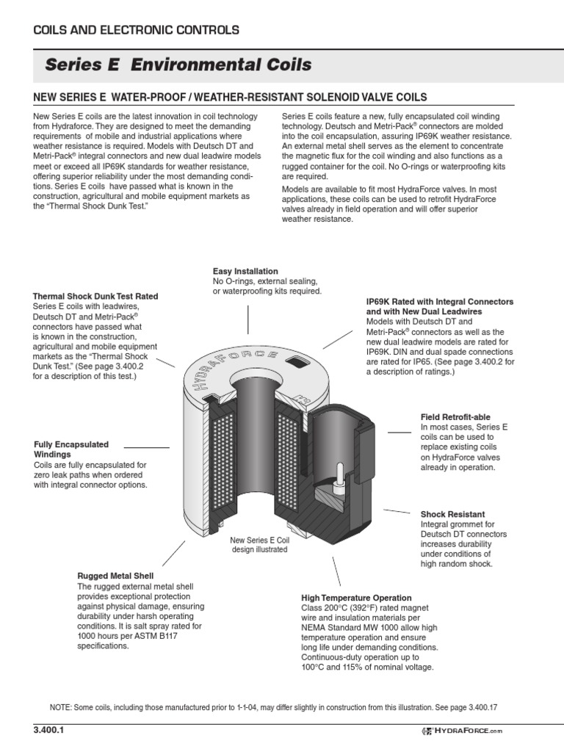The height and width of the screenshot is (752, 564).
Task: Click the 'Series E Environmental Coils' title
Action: (178, 65)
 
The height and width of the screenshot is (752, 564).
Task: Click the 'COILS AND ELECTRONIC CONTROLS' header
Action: (137, 30)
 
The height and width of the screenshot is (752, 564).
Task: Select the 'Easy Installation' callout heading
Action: (245, 271)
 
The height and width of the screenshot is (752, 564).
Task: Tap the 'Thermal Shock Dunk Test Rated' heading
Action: (95, 296)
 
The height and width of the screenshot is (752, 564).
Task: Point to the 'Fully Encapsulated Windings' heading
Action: (71, 449)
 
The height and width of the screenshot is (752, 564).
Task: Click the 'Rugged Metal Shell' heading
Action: (115, 576)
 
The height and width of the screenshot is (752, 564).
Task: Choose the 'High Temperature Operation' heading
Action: (356, 598)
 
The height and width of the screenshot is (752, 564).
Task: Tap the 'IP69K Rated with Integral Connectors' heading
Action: (439, 302)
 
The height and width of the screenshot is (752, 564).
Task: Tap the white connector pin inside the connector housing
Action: (339, 474)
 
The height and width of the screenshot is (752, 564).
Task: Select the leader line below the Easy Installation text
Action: (247, 319)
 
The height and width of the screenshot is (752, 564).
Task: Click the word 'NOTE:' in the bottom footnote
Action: (60, 706)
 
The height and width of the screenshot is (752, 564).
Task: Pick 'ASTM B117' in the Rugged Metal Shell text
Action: (153, 636)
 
